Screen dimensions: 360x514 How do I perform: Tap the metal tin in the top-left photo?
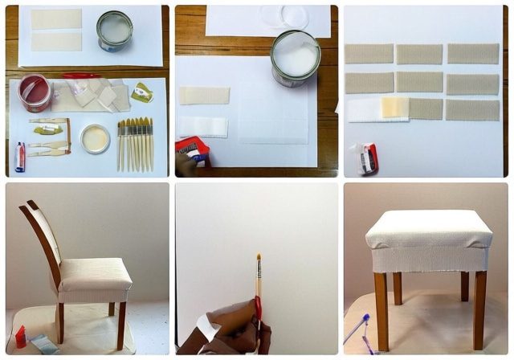[114, 31]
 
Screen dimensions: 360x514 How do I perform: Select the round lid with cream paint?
[96, 138]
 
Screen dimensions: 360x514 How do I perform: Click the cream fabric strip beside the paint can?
[204, 96]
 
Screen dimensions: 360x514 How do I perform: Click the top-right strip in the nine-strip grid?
[472, 54]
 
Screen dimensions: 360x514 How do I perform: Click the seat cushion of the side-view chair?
[95, 274]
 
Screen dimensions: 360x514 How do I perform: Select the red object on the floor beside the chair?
[20, 336]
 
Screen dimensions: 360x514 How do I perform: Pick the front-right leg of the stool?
[479, 308]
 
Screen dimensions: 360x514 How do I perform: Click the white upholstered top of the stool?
[428, 228]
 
